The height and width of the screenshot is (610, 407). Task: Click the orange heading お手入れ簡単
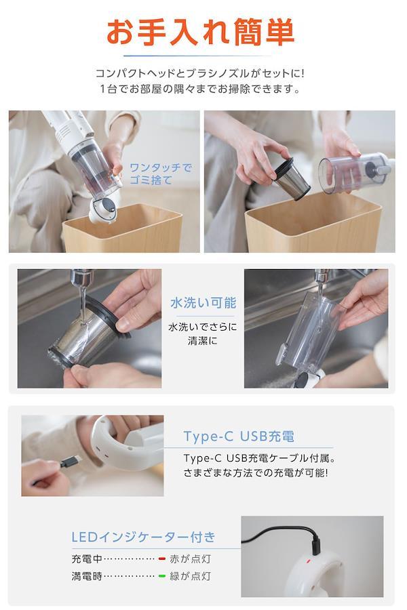point(200,33)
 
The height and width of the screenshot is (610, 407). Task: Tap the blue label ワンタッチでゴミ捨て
point(161,174)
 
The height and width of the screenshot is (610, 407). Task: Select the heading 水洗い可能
point(203,303)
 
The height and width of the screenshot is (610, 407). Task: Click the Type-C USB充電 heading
point(239,436)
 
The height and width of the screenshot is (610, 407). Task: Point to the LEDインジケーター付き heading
point(143,537)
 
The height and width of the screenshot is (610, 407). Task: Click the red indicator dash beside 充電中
point(162,559)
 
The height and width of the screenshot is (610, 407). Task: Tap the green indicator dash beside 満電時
point(162,575)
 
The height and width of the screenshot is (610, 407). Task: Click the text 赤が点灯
point(190,559)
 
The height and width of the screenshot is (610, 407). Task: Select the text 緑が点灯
point(190,575)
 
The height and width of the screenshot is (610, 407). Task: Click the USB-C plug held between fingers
point(71,462)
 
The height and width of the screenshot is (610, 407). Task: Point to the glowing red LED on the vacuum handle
point(308,561)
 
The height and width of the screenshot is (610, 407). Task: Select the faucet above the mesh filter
point(82,277)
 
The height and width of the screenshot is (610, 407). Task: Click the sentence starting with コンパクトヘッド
point(200,73)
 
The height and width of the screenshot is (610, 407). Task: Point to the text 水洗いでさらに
point(203,327)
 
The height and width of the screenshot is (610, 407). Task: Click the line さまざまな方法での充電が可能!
point(256,473)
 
